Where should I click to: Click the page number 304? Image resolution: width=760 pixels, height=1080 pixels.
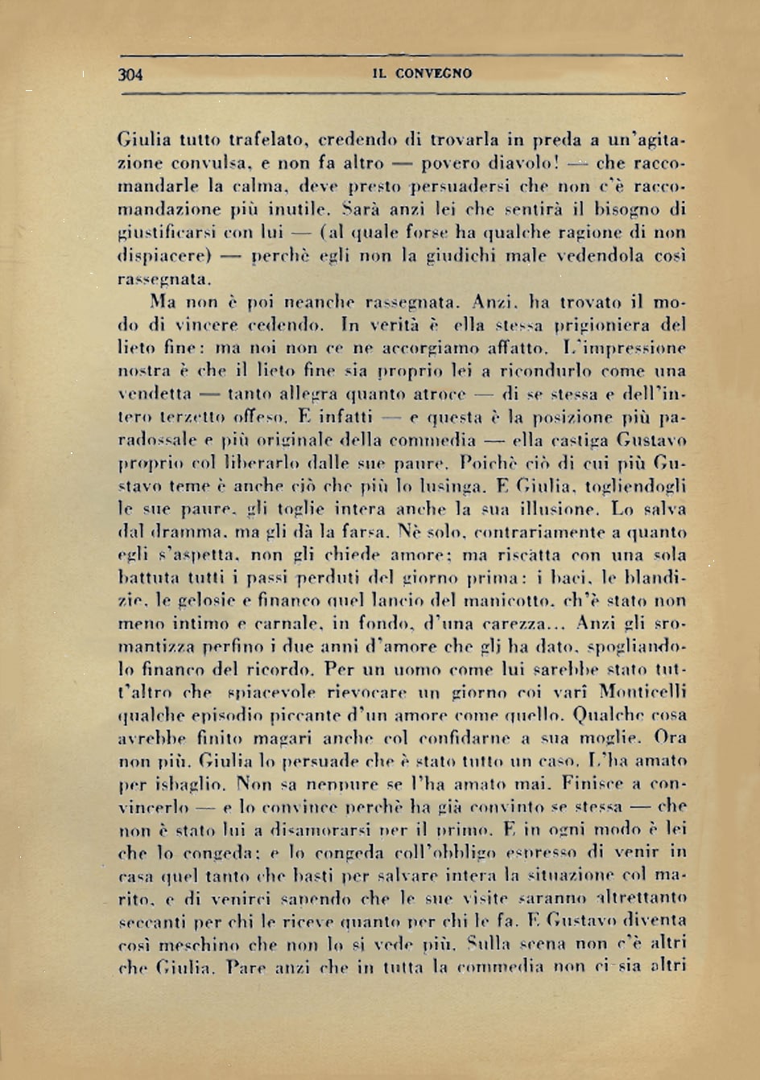point(130,74)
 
